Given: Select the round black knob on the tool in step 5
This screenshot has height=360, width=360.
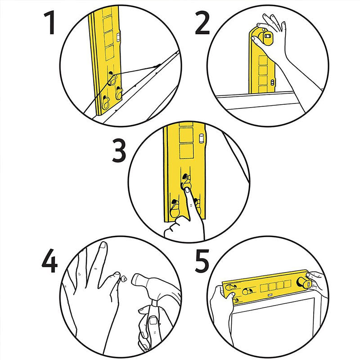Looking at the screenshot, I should click(x=305, y=283).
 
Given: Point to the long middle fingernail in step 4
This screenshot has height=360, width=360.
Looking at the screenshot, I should click(x=103, y=246).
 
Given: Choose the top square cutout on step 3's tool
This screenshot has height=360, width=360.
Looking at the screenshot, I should click(x=186, y=134).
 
